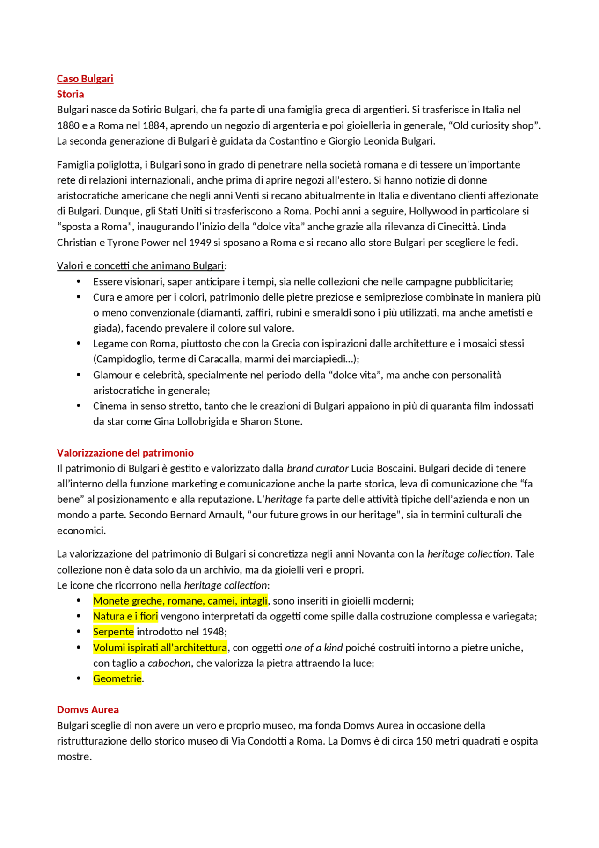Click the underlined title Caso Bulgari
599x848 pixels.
point(85,79)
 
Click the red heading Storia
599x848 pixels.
point(70,94)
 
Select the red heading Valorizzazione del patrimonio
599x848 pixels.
point(125,453)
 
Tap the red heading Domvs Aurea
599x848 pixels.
point(88,709)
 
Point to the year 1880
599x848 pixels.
point(68,125)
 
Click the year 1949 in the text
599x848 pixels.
point(200,243)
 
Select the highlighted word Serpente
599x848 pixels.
point(113,632)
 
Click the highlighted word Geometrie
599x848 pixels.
point(117,678)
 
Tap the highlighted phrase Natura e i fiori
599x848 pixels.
point(125,616)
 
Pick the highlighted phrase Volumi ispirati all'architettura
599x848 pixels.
point(160,648)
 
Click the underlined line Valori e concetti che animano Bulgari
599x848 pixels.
point(140,266)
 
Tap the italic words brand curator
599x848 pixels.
point(317,468)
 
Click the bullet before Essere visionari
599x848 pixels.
point(79,281)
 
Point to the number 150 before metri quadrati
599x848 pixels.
point(424,741)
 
